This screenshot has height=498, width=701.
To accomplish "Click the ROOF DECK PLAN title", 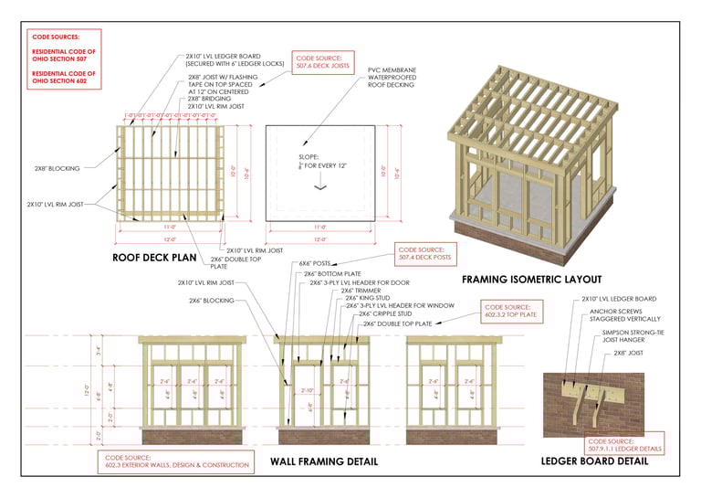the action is pos(161,258).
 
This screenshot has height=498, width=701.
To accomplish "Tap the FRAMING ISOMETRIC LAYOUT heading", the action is pos(531,279).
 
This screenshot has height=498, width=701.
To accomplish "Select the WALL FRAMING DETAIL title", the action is pos(324,461).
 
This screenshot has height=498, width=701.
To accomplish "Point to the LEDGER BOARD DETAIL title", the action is pos(596,461).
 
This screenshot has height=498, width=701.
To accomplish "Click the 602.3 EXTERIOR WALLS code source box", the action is pos(173,462).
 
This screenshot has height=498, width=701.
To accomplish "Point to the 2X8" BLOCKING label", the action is pos(57,168).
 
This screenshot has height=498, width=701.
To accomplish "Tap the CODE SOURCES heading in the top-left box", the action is pos(56,36).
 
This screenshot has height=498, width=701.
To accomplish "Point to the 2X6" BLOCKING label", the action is pos(211,300).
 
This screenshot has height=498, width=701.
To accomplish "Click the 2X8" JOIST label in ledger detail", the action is pos(629,353).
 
